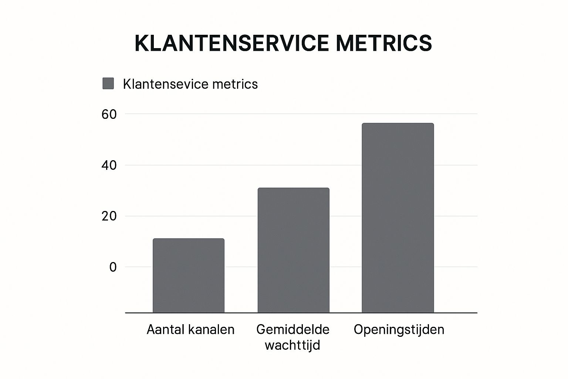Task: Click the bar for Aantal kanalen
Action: (189, 276)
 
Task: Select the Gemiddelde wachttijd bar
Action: (293, 250)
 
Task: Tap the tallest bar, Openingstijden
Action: (398, 218)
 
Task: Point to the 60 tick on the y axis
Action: (109, 114)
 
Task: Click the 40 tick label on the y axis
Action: (109, 165)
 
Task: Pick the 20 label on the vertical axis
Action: (109, 216)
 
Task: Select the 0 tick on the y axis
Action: (113, 267)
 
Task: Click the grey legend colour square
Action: (108, 84)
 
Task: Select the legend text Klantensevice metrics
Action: (190, 84)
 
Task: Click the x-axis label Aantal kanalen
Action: (190, 329)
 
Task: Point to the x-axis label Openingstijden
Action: (399, 329)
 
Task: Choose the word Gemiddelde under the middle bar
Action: (293, 329)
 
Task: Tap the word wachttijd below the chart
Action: (293, 345)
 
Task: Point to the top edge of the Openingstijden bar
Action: (398, 124)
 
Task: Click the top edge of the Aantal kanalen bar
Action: (189, 239)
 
